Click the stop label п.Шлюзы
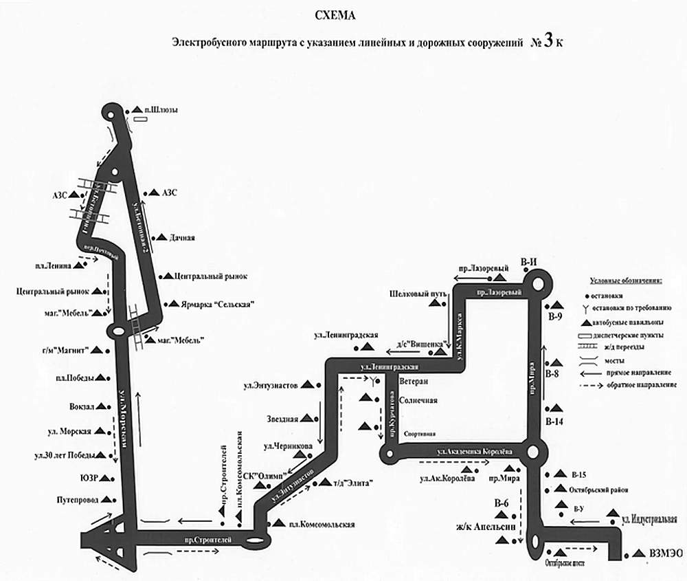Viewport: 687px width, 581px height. click(x=161, y=109)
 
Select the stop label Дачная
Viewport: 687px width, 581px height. click(x=182, y=238)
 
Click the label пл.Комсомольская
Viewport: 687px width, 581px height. click(x=322, y=525)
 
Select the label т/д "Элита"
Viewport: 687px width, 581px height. click(x=351, y=483)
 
